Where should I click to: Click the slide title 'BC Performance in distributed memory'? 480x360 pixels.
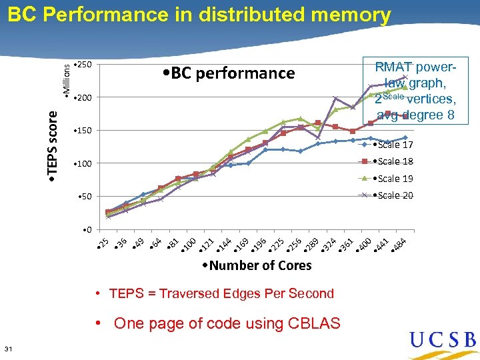[x=199, y=15]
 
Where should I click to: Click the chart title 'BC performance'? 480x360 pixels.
[x=229, y=73]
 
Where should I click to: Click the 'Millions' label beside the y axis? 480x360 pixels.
[x=66, y=77]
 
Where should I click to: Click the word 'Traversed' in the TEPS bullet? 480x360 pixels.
[x=171, y=293]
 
